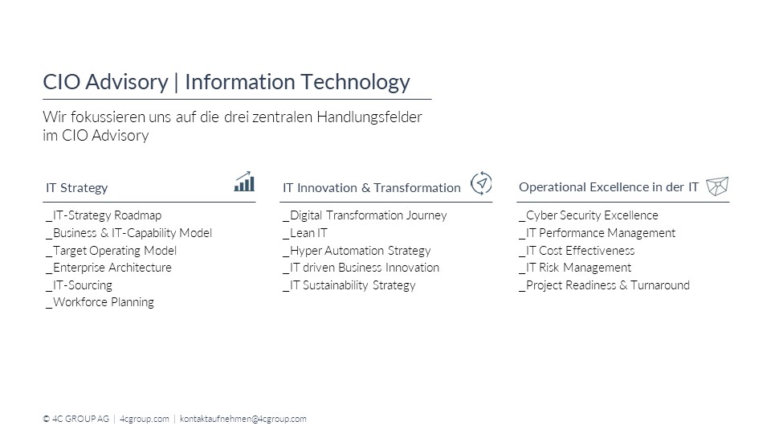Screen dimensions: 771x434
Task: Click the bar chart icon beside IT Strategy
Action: click(244, 182)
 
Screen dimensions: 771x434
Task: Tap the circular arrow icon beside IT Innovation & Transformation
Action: click(481, 183)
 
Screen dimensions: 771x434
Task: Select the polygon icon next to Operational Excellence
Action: click(717, 186)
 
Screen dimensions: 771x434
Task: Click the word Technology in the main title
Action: click(355, 82)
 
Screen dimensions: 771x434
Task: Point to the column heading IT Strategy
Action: click(77, 187)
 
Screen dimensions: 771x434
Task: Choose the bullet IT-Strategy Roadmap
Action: click(104, 215)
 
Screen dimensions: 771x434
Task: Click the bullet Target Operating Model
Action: click(111, 251)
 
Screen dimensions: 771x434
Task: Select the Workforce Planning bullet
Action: click(100, 302)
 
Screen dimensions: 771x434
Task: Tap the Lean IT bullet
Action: click(305, 233)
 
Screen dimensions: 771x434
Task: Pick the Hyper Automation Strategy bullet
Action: click(357, 251)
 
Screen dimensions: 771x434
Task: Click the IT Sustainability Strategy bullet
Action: click(349, 285)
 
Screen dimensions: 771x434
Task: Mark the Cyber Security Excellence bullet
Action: click(589, 215)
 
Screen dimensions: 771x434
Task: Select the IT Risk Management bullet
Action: click(575, 268)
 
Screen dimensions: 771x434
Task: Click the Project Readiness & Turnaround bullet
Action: click(605, 285)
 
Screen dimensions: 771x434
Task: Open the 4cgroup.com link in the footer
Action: click(144, 419)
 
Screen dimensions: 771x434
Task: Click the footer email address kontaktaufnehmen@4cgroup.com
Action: click(243, 419)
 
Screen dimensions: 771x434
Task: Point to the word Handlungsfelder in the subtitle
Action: click(369, 117)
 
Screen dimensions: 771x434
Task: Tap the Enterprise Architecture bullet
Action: click(108, 268)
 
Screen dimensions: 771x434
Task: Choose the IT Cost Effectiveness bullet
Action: click(577, 251)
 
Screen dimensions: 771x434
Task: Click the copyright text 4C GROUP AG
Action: click(80, 419)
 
